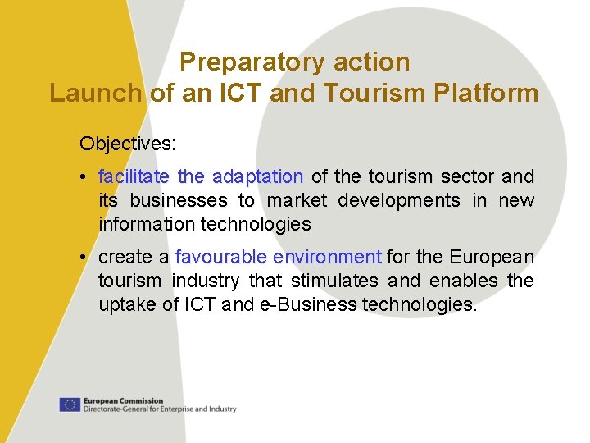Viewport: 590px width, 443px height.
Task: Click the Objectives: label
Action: [x=127, y=144]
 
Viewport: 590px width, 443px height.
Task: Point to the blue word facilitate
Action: [x=134, y=176]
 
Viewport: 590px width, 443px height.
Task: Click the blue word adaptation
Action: [x=257, y=176]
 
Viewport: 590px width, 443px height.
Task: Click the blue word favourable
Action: [x=215, y=257]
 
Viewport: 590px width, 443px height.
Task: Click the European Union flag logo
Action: [x=70, y=404]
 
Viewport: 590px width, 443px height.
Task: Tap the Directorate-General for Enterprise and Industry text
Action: [x=160, y=409]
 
